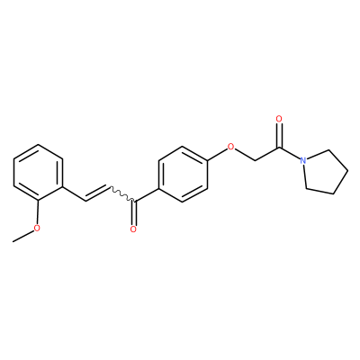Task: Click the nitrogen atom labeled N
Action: tap(303, 160)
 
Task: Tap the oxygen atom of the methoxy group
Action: tap(37, 228)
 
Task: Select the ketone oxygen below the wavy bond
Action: tap(133, 229)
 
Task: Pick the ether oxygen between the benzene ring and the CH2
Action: tap(230, 147)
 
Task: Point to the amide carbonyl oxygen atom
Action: tap(279, 119)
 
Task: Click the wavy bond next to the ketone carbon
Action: tap(122, 193)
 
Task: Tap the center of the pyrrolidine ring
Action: tap(325, 172)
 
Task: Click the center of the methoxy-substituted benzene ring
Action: tap(38, 173)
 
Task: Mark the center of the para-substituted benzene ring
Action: tap(183, 175)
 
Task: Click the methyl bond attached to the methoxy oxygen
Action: tap(23, 236)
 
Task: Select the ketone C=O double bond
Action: tap(134, 213)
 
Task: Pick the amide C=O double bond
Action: tap(279, 135)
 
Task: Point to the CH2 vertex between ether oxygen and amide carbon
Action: tap(255, 160)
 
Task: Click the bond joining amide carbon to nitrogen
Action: tap(290, 152)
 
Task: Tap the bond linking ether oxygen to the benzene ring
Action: tap(217, 154)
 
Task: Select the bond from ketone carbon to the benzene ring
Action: tap(147, 195)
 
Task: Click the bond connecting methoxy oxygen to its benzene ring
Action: tap(38, 212)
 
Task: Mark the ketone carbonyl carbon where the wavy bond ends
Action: tap(134, 201)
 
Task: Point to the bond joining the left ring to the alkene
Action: tap(74, 193)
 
